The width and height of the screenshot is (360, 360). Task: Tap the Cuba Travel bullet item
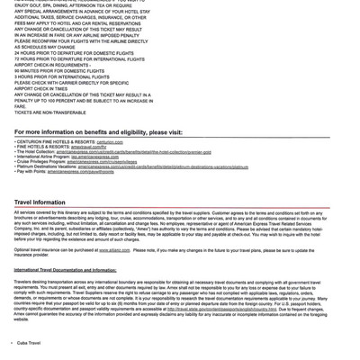tap(31, 344)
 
